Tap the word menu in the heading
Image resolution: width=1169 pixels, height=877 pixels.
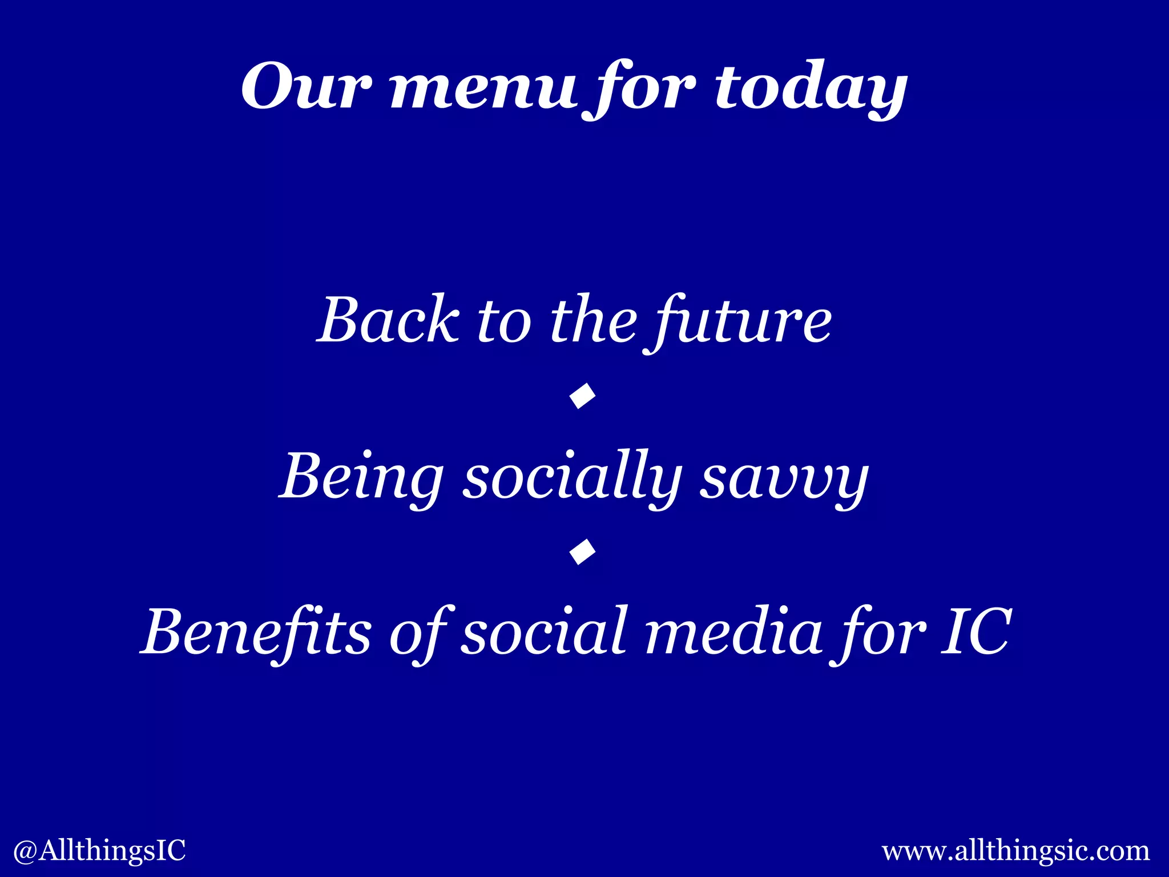coord(482,88)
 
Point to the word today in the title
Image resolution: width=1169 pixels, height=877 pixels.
coord(811,88)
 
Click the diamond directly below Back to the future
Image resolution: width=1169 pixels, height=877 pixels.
coord(583,396)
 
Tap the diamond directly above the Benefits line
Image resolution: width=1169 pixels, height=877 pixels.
coord(583,552)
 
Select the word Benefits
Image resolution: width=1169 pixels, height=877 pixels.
coord(256,632)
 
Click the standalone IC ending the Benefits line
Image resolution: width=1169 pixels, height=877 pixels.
coord(975,632)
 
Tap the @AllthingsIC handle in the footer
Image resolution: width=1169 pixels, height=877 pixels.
coord(99,850)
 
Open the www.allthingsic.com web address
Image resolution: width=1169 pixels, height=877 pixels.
coord(1015,851)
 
